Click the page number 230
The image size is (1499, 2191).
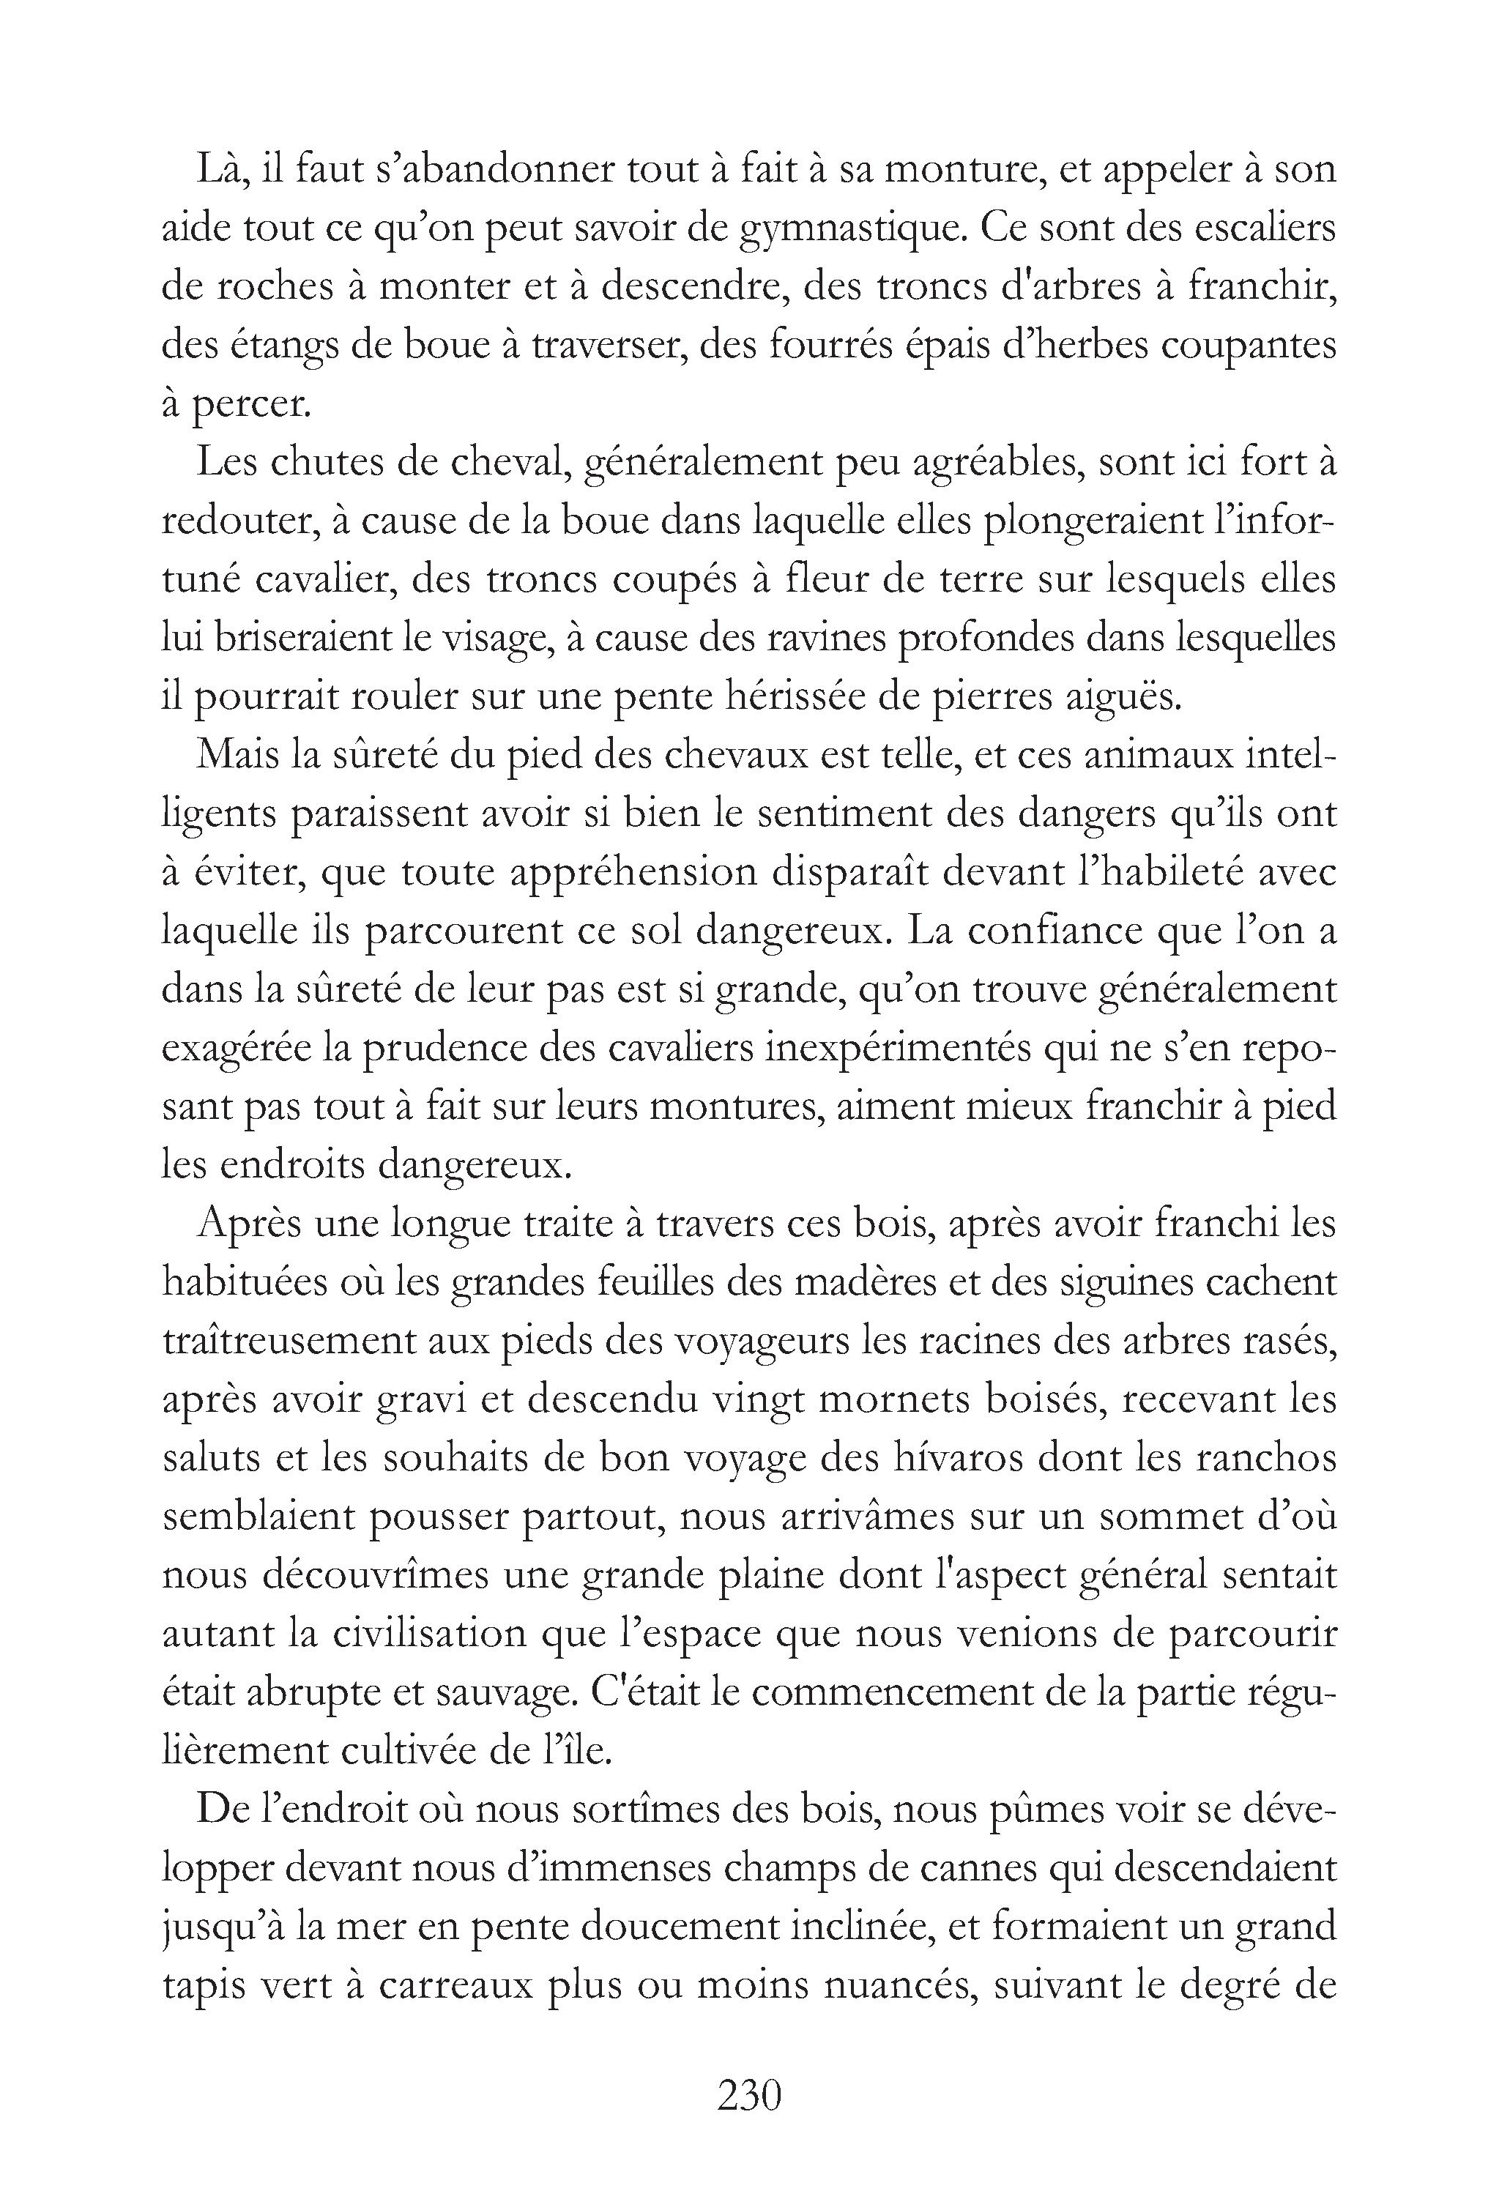point(750,2096)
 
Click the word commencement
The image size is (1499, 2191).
point(892,1692)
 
